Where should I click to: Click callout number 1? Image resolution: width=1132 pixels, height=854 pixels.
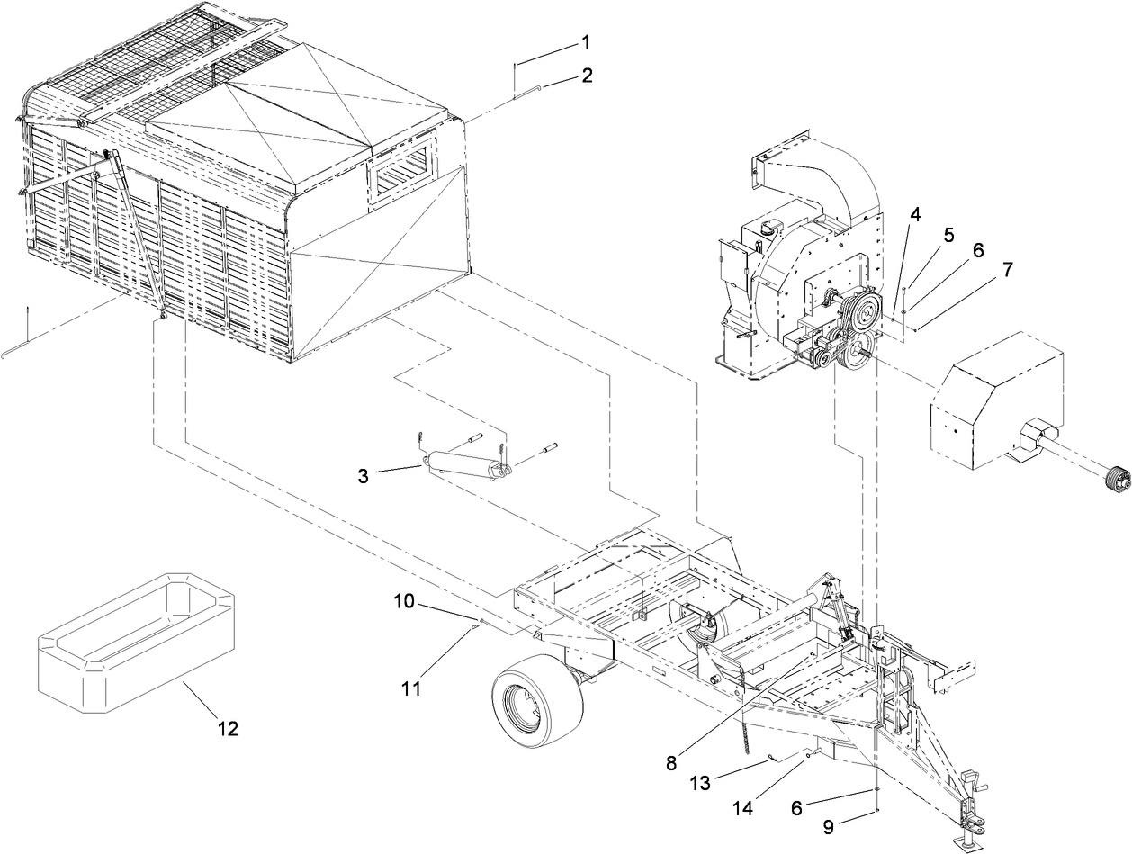point(586,41)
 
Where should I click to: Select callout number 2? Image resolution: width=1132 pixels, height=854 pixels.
point(587,76)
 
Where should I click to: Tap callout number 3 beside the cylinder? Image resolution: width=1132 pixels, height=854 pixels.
point(363,476)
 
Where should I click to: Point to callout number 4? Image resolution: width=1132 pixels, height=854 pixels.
point(914,215)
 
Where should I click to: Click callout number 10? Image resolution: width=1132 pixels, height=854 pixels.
point(404,600)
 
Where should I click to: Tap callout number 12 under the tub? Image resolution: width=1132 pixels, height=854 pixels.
point(228,728)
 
